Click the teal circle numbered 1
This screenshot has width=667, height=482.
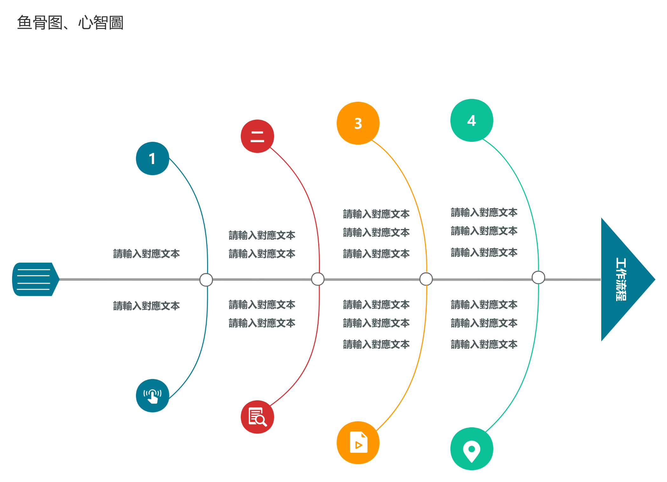coord(152,158)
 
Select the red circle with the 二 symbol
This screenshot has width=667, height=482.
coord(257,136)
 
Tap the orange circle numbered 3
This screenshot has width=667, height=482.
coord(358,123)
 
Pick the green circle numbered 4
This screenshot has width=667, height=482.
coord(472,120)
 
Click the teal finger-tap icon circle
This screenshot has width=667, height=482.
coord(152,396)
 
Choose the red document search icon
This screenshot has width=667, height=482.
coord(257,417)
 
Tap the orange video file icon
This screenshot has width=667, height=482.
coord(358,443)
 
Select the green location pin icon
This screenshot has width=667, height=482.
coord(472,449)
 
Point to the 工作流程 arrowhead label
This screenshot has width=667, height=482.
coord(621,279)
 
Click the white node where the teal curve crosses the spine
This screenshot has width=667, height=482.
coord(206,280)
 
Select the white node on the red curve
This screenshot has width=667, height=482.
coord(318,279)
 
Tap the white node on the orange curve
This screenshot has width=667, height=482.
coord(426,279)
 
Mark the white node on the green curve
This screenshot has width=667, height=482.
coord(538,277)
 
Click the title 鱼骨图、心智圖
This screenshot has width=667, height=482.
coord(70,23)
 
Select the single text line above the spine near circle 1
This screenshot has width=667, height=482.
coord(146,254)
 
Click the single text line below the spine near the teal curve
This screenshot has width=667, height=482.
coord(146,306)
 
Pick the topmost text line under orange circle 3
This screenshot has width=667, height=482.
coord(376,214)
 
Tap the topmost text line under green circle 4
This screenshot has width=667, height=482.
coord(484,212)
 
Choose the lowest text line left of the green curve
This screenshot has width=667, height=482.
coord(484,344)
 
